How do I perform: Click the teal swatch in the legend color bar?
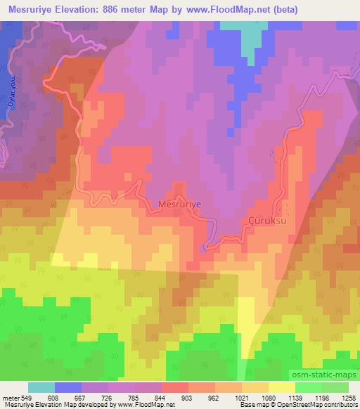pyautogui.click(x=41, y=387)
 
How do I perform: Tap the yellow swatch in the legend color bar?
pyautogui.click(x=281, y=387)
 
